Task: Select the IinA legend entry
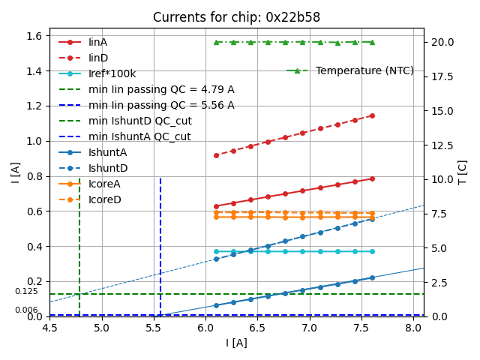tap(97, 42)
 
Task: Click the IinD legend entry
tap(97, 58)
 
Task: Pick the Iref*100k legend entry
tap(112, 73)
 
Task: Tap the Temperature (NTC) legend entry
tap(364, 70)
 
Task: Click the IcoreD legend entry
tap(104, 199)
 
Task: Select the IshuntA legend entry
tap(107, 152)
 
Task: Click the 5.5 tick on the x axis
tap(154, 328)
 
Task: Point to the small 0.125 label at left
tap(26, 291)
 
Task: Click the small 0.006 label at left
tap(26, 310)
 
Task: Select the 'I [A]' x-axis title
tap(236, 343)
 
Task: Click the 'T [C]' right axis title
tap(463, 172)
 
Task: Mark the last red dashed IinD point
tap(372, 115)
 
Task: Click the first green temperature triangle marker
tap(216, 42)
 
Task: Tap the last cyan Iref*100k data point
tap(372, 251)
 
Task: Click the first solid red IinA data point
tap(216, 206)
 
